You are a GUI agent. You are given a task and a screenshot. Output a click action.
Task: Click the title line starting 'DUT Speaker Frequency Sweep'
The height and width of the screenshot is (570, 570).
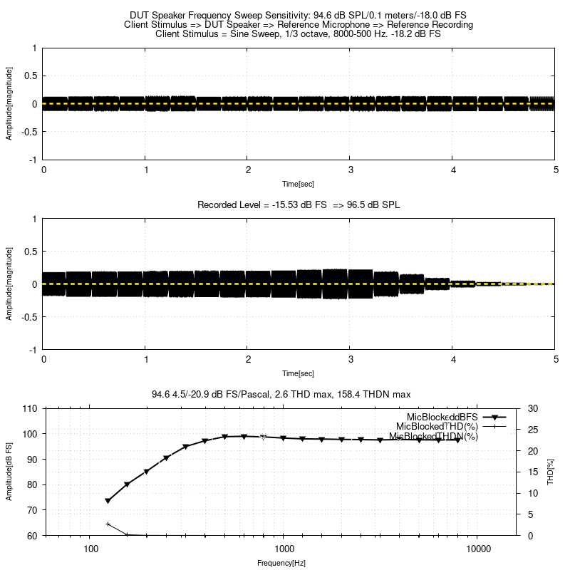[299, 15]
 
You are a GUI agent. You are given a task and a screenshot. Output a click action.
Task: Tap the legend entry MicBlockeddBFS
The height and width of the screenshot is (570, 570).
[442, 416]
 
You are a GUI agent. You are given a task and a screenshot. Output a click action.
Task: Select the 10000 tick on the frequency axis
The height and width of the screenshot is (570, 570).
[477, 550]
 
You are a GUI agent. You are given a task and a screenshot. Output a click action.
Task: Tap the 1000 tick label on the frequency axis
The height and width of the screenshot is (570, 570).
[284, 550]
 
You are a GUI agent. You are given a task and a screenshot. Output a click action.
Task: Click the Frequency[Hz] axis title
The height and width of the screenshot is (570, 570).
[281, 563]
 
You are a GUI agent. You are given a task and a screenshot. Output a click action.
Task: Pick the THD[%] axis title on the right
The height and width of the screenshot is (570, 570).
[550, 472]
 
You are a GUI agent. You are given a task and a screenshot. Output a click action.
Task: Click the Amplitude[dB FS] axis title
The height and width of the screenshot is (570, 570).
[9, 472]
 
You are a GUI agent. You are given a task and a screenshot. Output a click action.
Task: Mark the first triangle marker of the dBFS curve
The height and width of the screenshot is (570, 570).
[108, 501]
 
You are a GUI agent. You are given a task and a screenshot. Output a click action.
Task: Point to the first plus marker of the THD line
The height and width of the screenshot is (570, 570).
[108, 524]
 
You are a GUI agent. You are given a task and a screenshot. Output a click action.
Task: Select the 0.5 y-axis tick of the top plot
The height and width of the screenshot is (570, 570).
[31, 76]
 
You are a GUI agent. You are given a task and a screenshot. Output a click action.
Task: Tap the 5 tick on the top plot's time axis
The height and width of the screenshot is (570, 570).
[555, 170]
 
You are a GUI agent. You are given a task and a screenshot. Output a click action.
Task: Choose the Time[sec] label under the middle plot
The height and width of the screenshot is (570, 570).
[299, 373]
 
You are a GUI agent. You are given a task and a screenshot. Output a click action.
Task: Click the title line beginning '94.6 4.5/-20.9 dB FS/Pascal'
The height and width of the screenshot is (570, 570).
[281, 394]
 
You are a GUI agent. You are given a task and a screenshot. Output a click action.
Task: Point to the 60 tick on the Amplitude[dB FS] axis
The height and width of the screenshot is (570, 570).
[31, 535]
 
